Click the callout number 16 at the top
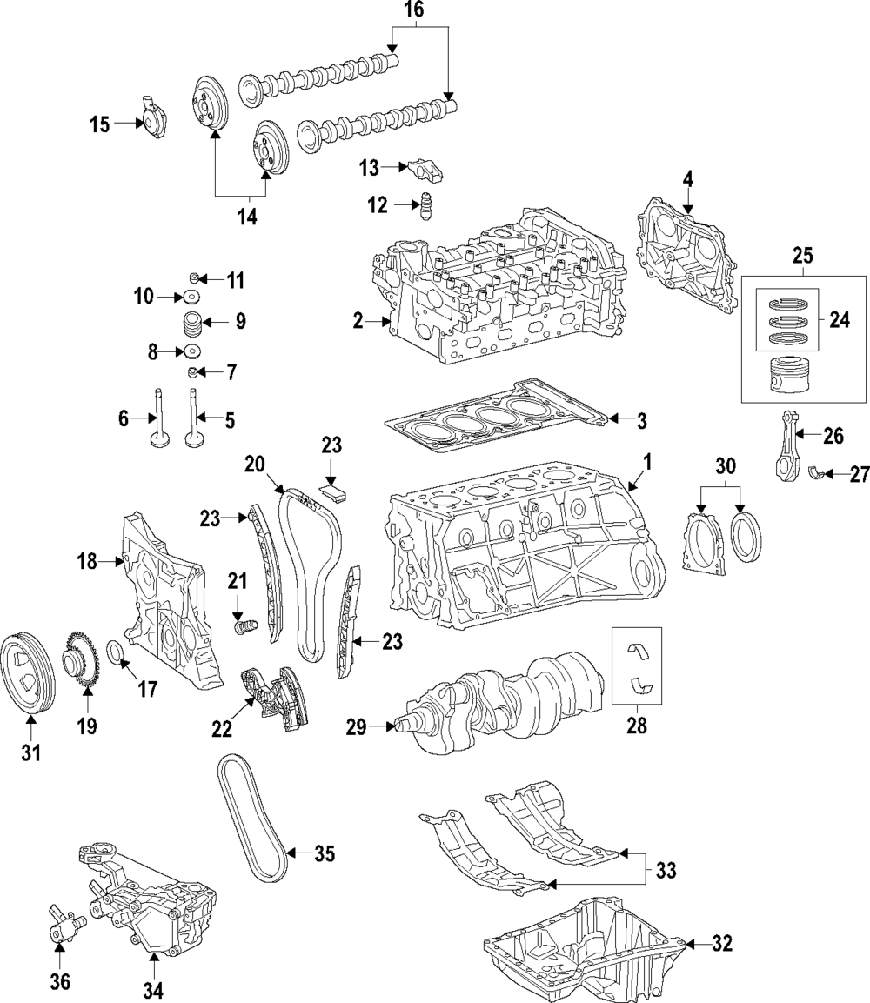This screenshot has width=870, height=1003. click(x=415, y=11)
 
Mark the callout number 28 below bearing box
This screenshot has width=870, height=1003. click(x=637, y=726)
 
